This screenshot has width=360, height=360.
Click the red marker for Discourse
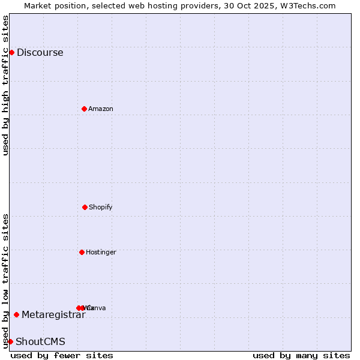click(x=11, y=52)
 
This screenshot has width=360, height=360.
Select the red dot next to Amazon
click(x=84, y=109)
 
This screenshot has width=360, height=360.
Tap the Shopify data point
click(x=85, y=207)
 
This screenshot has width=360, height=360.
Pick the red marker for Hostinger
click(x=82, y=252)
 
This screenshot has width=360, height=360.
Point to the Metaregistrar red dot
click(x=16, y=314)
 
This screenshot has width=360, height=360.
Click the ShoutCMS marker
click(x=10, y=341)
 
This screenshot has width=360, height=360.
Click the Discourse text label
click(x=40, y=52)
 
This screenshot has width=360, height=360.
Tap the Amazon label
click(x=101, y=109)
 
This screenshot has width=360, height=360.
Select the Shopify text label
click(x=101, y=207)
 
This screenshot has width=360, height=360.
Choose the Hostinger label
click(x=101, y=252)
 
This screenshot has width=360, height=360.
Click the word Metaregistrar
click(x=53, y=314)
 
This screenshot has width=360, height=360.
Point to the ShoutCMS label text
click(x=40, y=341)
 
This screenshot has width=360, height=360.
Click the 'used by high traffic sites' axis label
click(x=5, y=85)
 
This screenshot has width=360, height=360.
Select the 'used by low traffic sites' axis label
click(x=5, y=281)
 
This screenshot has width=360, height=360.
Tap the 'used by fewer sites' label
click(x=62, y=355)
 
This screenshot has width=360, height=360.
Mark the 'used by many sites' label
click(x=301, y=355)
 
